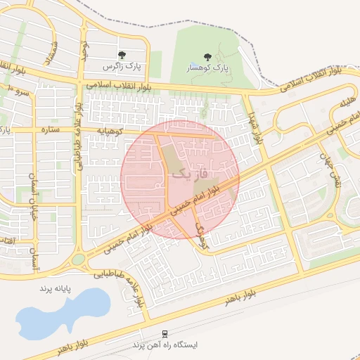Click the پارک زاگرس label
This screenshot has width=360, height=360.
click(122, 67)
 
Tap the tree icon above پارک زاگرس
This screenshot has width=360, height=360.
click(122, 55)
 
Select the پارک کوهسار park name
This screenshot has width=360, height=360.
click(208, 68)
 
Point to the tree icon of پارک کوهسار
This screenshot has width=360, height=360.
click(207, 56)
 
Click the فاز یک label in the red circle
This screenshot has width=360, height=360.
click(191, 172)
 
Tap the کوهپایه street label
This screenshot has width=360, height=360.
click(110, 131)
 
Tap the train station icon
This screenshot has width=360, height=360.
click(165, 333)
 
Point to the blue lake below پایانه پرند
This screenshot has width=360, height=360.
click(63, 313)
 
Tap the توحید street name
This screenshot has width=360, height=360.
click(83, 51)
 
